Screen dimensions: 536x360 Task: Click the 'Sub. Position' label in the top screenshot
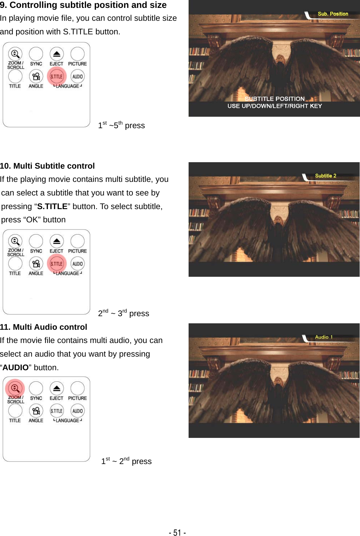(x=333, y=14)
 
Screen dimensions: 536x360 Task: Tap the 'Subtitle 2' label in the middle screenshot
(x=325, y=176)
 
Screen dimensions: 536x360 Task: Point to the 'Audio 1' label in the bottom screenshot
(x=323, y=337)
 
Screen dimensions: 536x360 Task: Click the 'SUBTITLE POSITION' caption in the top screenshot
(x=274, y=99)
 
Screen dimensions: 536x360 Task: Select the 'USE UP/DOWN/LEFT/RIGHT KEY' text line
(x=274, y=106)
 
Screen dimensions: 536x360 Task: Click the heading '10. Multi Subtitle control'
(x=47, y=166)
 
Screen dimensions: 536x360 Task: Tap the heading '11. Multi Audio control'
(x=44, y=327)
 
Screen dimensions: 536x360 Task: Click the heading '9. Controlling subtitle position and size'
(x=83, y=5)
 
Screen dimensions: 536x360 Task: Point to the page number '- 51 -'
(x=177, y=532)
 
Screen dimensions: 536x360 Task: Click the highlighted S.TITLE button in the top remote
(x=57, y=76)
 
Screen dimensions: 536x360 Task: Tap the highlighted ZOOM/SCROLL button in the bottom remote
(x=15, y=388)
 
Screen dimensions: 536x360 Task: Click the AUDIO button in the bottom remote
(x=78, y=411)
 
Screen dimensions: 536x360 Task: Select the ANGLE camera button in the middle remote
(x=36, y=264)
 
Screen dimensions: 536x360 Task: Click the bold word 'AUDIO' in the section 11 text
(x=15, y=367)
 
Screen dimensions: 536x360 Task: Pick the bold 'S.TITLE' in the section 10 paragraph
(x=52, y=206)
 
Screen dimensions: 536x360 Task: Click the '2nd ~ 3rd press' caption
(x=123, y=313)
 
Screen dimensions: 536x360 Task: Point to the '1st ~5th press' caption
(x=121, y=125)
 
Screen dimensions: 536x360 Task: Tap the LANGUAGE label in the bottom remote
(x=67, y=420)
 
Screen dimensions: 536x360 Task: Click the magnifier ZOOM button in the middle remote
(x=15, y=241)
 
